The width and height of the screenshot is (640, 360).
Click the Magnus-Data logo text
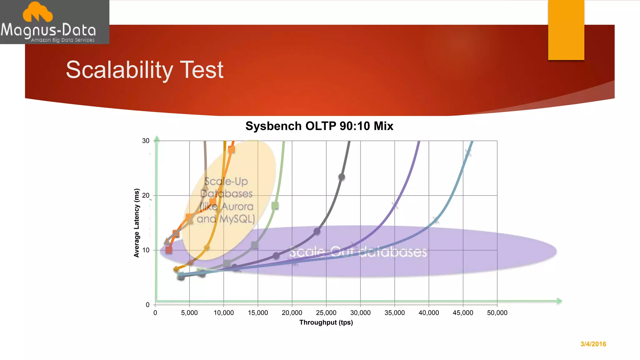tap(48, 30)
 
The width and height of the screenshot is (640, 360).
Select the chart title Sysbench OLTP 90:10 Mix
tap(319, 126)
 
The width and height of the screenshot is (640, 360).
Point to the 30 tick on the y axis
tap(146, 141)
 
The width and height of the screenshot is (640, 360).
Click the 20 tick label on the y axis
tap(146, 196)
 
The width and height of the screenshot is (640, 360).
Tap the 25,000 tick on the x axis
tap(326, 313)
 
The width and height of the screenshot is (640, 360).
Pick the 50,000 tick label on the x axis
tap(497, 313)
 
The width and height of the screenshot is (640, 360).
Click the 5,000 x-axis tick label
tap(189, 313)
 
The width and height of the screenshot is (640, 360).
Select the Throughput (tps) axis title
tap(326, 322)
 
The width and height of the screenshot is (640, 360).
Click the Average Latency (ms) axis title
tap(137, 223)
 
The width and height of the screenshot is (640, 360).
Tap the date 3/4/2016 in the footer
tap(593, 344)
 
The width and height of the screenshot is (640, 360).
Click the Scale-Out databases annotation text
tap(358, 252)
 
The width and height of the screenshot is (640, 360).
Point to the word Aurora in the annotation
tap(237, 207)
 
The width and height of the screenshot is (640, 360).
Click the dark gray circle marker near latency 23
tap(342, 177)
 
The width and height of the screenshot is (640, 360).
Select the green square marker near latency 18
tap(275, 206)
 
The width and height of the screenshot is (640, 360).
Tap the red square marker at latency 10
tap(169, 250)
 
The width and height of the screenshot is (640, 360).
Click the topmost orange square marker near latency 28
tap(231, 150)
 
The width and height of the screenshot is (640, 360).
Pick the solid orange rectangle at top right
tap(566, 30)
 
